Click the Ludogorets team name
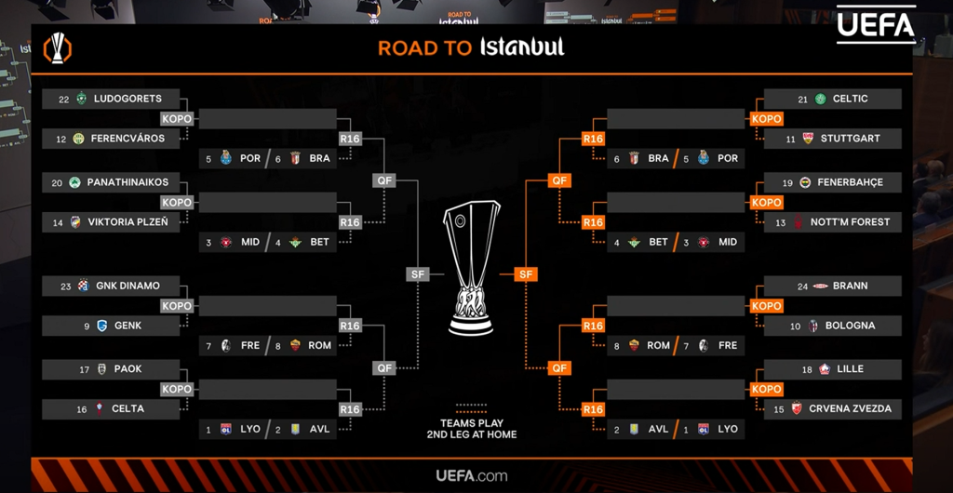(128, 99)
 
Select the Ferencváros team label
(128, 139)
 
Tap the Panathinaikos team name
(128, 182)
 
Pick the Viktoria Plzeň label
(128, 222)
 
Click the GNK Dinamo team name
(128, 286)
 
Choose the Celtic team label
(850, 99)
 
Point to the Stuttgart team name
(850, 139)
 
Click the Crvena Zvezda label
(850, 408)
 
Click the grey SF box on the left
(418, 274)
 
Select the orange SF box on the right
(526, 274)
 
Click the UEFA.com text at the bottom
(476, 475)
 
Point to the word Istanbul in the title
(522, 47)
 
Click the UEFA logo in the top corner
(876, 25)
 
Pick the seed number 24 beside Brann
(802, 286)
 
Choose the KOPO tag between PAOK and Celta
(176, 389)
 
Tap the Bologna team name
(850, 326)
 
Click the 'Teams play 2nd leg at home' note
(471, 428)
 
